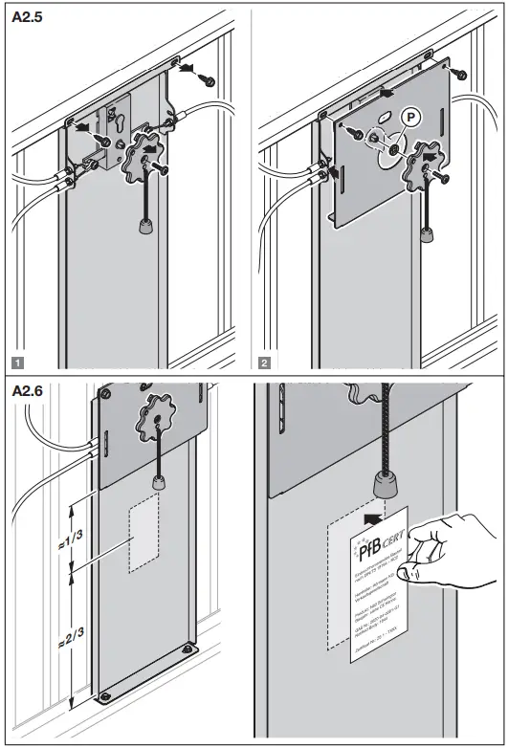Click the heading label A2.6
point(28,393)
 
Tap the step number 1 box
point(17,362)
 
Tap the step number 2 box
point(265,362)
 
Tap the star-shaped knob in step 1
point(144,160)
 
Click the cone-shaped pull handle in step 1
point(146,228)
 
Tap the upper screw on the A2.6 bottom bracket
point(182,651)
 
